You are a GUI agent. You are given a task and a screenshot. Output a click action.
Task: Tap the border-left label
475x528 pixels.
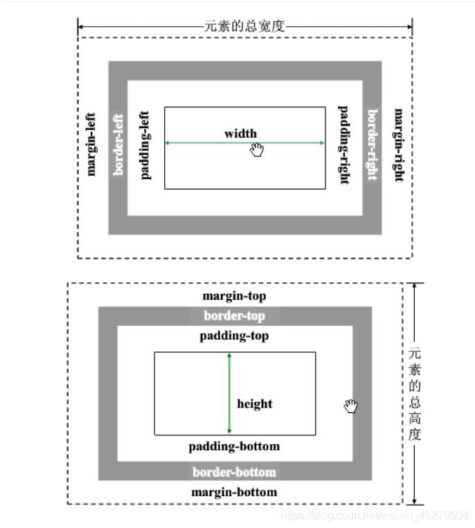118,145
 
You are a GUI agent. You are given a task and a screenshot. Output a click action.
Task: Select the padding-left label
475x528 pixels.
145,145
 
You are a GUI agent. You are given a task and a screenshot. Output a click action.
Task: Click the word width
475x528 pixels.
240,134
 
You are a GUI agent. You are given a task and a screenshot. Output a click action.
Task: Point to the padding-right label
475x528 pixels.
343,145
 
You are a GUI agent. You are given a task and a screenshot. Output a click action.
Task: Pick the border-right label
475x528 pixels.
372,145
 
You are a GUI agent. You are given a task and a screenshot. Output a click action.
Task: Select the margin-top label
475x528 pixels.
234,296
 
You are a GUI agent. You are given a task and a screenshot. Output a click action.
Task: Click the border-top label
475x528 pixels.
234,316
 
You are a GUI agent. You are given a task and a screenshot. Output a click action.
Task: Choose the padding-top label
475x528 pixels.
234,336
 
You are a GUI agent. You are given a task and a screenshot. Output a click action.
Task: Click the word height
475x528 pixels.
255,404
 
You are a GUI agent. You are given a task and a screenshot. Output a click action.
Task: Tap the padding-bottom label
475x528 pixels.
234,446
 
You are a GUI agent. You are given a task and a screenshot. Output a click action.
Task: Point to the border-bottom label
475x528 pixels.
234,473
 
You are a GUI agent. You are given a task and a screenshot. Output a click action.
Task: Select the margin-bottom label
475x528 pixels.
234,493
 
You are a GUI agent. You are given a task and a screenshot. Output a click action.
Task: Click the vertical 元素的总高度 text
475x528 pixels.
415,393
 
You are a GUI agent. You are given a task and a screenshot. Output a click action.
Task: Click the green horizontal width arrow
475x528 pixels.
208,143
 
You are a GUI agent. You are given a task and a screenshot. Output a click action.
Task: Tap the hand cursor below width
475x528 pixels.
258,149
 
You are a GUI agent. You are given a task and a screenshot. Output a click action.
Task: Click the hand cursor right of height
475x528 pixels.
352,407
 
